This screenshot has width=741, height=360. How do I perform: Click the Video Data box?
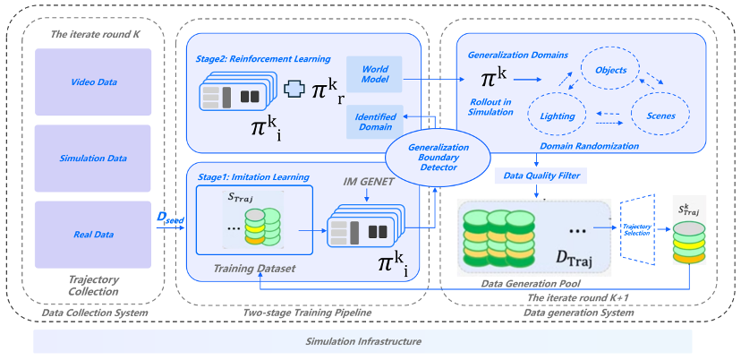tap(93, 81)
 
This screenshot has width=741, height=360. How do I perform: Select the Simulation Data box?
tap(93, 158)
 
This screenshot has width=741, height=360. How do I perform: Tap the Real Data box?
tap(93, 235)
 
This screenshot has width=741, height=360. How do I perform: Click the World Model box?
tap(374, 74)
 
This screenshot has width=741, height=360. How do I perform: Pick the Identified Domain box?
tap(374, 122)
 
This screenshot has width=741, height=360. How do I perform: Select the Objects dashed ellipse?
tap(610, 70)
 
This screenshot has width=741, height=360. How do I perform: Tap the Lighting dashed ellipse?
tap(558, 116)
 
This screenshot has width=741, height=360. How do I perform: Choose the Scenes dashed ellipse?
tap(660, 116)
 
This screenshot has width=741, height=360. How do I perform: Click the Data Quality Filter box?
tap(541, 176)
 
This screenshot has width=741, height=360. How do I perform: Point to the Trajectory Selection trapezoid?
tap(636, 231)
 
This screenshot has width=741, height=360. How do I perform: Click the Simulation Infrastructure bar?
tap(362, 341)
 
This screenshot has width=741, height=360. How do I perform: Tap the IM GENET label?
tap(369, 181)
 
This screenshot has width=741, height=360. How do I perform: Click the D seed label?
tap(170, 219)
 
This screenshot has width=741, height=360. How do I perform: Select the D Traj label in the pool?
tap(574, 258)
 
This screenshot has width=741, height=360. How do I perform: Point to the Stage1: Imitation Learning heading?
tap(253, 177)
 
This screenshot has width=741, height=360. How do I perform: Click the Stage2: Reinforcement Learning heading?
tap(263, 59)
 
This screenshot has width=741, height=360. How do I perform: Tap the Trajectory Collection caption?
tap(93, 286)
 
